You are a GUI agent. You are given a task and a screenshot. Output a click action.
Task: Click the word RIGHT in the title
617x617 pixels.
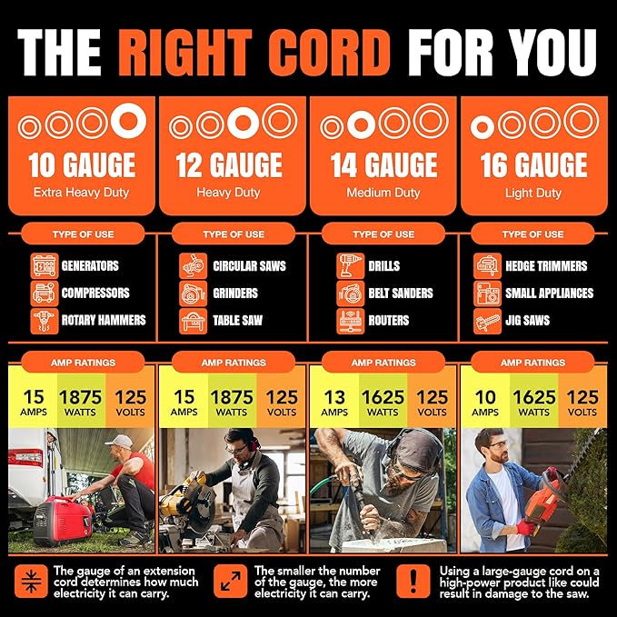185,53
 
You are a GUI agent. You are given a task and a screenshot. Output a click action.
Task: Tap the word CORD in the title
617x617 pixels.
329,53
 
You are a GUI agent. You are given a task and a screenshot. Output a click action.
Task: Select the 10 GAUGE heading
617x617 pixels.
82,165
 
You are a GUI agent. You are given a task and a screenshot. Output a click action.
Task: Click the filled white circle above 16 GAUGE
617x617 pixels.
482,127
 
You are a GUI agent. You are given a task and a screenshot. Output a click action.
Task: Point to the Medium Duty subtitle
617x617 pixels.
383,193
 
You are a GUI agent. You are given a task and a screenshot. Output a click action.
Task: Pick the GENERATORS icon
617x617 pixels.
45,266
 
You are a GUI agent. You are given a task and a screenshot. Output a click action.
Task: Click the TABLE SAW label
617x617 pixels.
238,320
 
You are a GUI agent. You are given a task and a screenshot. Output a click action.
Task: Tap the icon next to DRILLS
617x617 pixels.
350,266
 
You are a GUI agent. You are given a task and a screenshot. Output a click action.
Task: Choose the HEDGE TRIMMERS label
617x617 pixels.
546,266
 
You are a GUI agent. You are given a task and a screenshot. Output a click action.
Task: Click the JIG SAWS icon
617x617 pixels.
488,321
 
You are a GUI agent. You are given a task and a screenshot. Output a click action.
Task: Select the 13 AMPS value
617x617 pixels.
334,403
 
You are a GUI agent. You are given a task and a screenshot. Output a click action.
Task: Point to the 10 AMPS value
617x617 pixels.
485,403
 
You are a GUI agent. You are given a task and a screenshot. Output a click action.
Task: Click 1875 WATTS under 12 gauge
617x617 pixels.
232,403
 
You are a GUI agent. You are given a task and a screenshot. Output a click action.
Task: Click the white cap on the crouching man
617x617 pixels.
119,442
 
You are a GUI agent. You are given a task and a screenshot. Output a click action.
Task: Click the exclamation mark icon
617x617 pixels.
413,582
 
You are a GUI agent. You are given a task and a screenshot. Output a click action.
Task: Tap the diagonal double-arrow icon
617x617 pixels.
231,582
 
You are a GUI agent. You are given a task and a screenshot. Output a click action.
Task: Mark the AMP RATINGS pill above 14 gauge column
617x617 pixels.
383,363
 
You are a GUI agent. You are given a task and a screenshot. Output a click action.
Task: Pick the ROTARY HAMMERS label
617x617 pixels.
104,320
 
